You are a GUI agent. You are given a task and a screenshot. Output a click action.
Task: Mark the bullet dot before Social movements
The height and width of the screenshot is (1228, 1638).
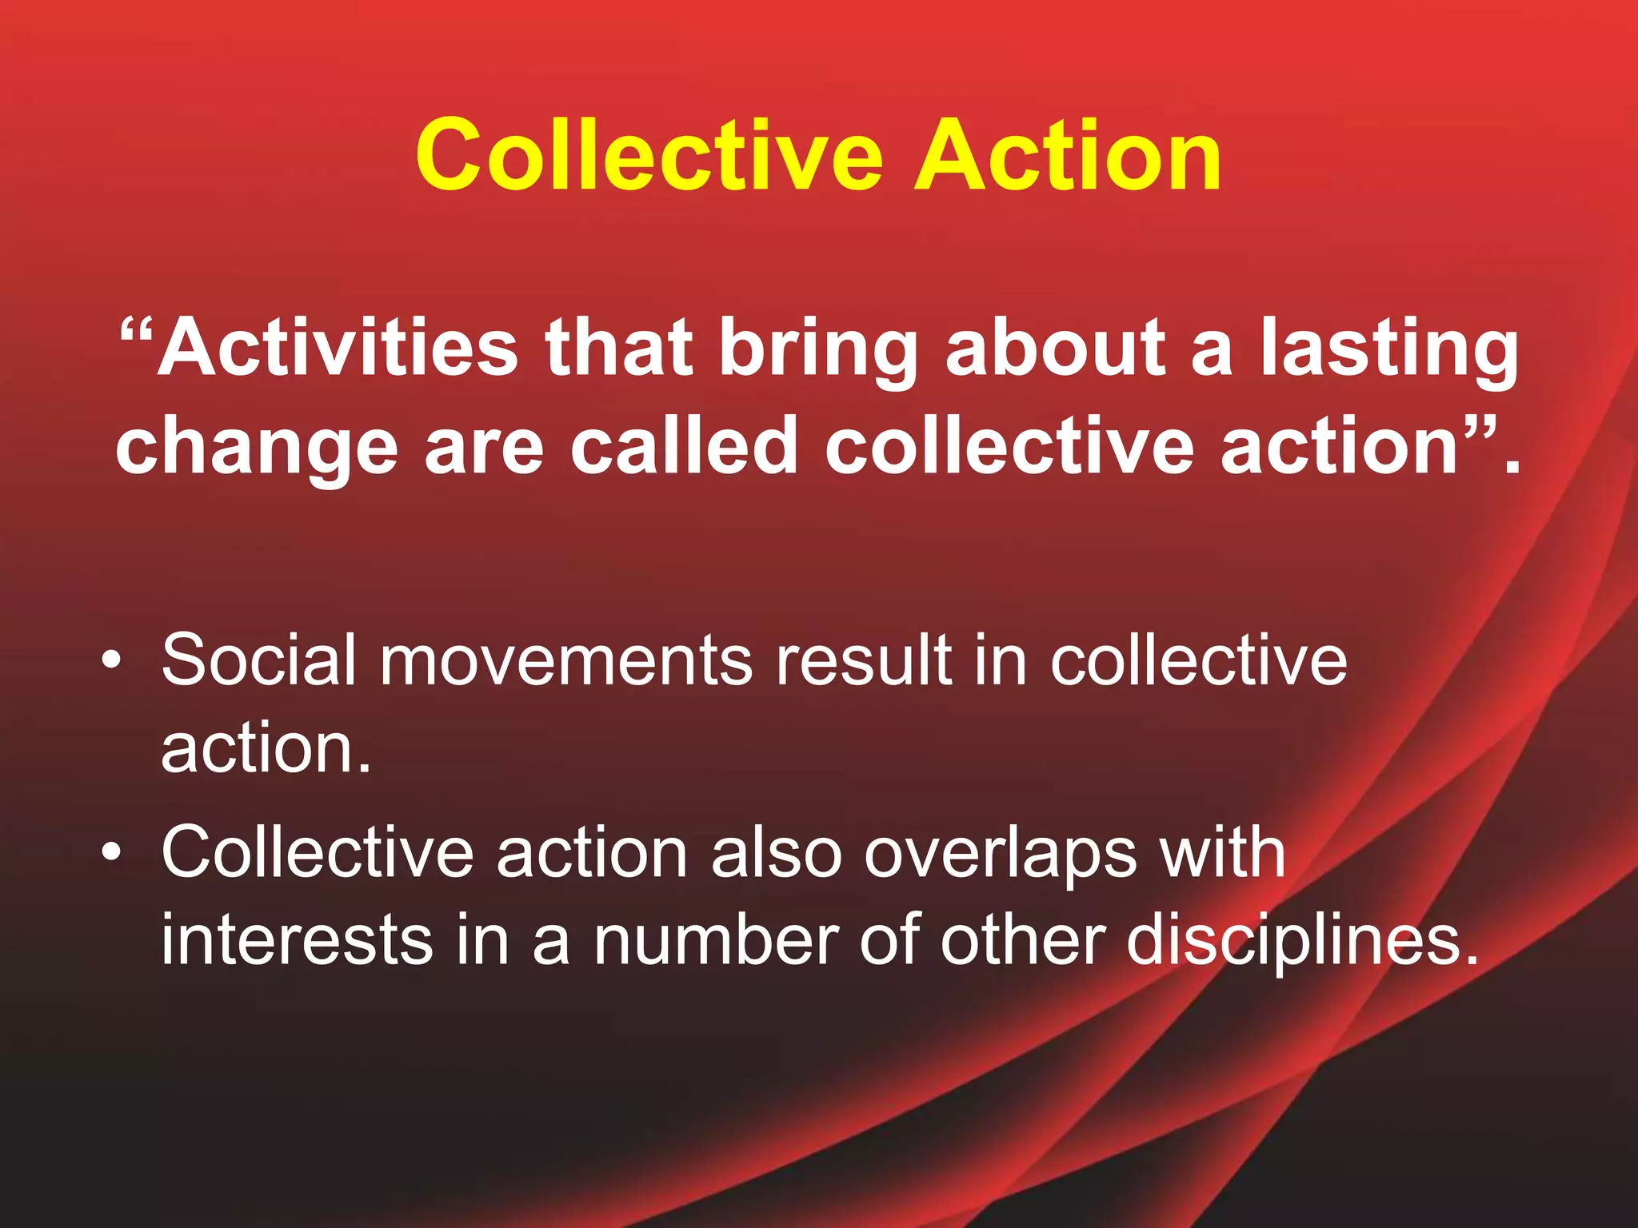coord(113,660)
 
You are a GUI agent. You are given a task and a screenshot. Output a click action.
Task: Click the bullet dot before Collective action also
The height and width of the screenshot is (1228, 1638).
coord(113,852)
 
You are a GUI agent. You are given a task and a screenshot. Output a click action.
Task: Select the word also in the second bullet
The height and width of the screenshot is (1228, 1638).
coord(777,852)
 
